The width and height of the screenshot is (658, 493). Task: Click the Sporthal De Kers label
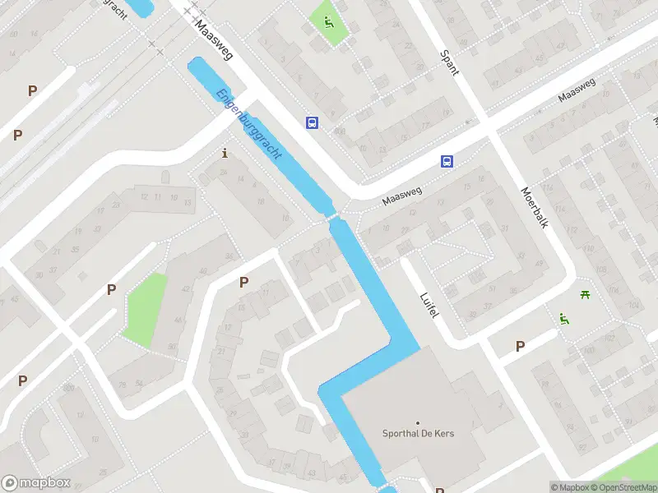coord(419,434)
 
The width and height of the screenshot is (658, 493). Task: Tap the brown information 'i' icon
coord(225,153)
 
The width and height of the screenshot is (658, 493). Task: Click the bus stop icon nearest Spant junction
coord(447,162)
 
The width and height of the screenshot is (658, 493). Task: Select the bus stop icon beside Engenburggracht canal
coord(312,122)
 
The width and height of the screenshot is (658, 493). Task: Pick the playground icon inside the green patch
coord(328,23)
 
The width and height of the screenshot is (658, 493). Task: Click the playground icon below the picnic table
coord(563,319)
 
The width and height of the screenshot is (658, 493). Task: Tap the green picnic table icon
coord(585,296)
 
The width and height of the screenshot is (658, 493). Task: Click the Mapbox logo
coord(36,483)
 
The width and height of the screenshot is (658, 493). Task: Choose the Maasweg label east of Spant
coord(576,90)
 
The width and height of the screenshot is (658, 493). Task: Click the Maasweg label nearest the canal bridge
coord(401,196)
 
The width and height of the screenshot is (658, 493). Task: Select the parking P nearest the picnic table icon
coord(520,346)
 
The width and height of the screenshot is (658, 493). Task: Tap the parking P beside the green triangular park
coord(111,289)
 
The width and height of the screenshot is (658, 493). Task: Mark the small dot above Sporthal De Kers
coord(418,422)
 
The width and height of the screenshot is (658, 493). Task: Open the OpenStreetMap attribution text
coord(628,487)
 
